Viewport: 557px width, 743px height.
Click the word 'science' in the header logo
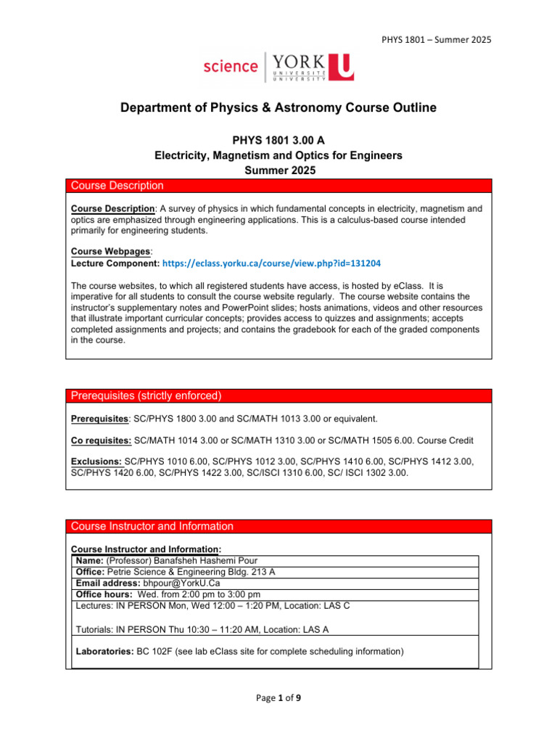[230, 66]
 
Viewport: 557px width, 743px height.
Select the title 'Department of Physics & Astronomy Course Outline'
[278, 108]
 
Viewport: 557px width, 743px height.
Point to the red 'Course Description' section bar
[278, 186]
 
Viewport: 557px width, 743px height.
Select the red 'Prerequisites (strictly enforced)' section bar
[278, 395]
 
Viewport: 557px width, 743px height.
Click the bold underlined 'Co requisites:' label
[102, 440]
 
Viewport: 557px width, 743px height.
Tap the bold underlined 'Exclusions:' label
[96, 461]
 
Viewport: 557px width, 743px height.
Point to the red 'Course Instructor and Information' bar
[278, 526]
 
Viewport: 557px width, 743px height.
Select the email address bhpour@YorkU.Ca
[182, 583]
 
